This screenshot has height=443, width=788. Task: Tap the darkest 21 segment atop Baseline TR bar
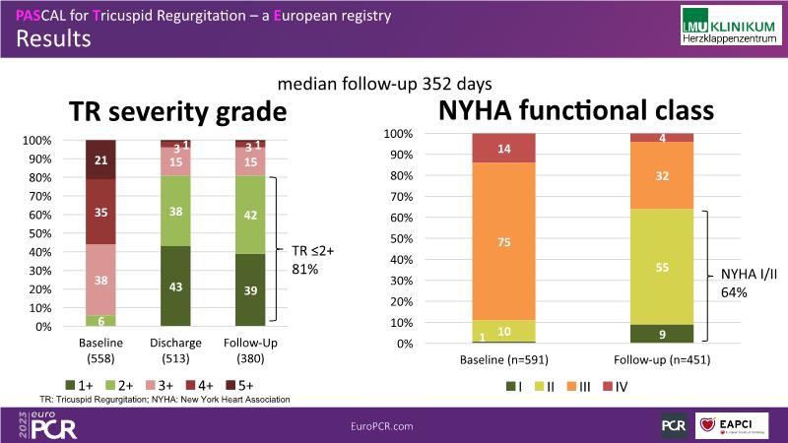(x=100, y=159)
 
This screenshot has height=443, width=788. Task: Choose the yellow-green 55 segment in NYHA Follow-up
(x=661, y=266)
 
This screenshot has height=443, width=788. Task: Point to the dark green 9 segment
(x=661, y=334)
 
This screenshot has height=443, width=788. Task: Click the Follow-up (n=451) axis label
(x=661, y=361)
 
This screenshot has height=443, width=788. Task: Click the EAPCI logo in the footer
(x=737, y=424)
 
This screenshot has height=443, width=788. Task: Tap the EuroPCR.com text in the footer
(x=381, y=424)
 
